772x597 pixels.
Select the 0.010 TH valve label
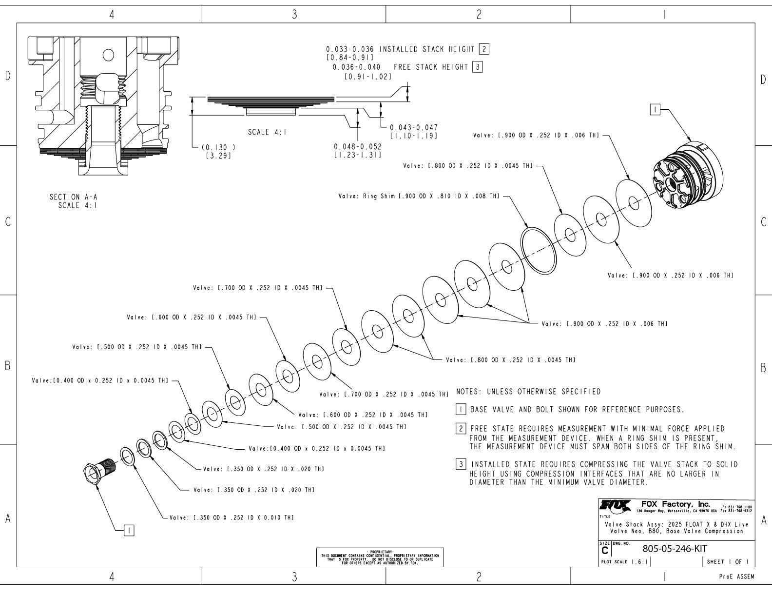coord(231,517)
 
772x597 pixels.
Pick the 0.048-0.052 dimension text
coord(357,146)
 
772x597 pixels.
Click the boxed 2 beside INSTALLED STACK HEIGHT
coord(484,49)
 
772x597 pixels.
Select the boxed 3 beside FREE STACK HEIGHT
coord(477,67)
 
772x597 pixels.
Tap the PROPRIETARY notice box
coord(380,557)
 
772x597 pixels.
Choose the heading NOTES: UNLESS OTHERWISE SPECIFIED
coord(528,392)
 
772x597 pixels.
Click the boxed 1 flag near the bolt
coord(129,530)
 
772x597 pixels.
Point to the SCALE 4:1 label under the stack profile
coord(267,132)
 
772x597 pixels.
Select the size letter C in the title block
coord(605,551)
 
